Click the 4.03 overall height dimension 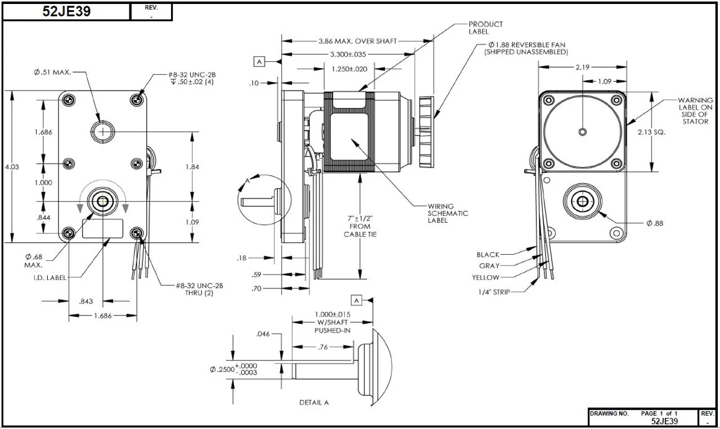point(12,166)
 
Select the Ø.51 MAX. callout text point(52,73)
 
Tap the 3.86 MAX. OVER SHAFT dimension point(357,41)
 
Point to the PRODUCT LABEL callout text point(486,28)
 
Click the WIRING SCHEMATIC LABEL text point(448,213)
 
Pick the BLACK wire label point(488,255)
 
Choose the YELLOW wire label point(485,277)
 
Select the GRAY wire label point(489,266)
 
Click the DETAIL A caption point(314,403)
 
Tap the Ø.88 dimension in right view point(655,223)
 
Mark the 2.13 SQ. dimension point(652,133)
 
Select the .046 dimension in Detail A point(263,334)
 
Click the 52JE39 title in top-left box point(66,12)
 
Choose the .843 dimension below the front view point(85,301)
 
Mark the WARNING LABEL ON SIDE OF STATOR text point(695,111)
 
